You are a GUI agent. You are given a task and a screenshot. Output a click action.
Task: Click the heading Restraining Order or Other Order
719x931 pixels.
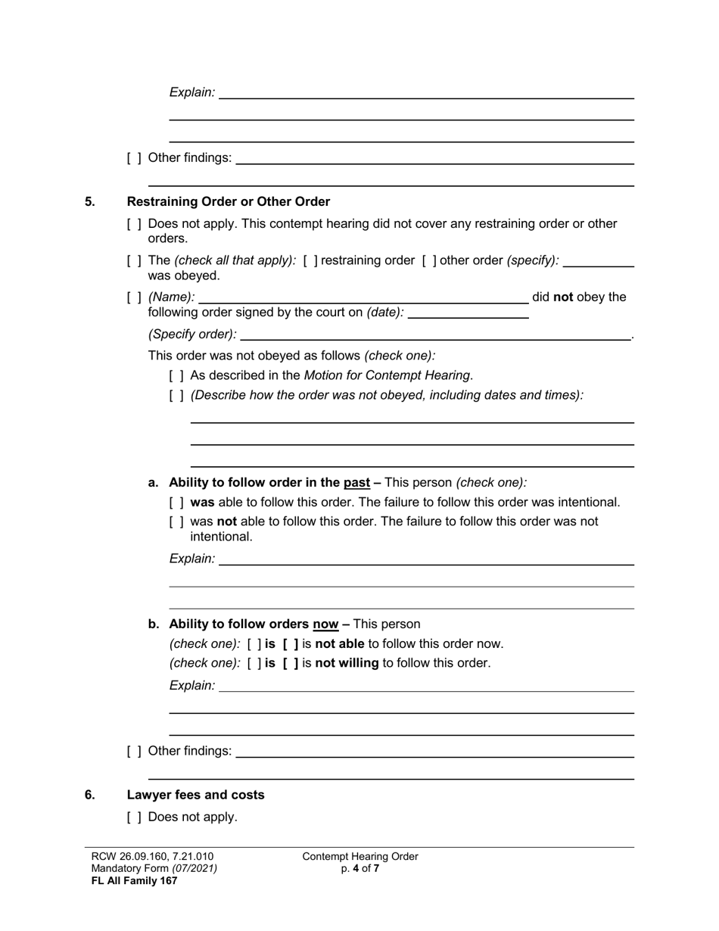tap(228, 201)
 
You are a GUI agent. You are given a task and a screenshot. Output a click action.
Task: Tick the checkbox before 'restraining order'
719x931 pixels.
tap(310, 260)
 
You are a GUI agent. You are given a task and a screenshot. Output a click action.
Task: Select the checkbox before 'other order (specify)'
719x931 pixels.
tap(429, 260)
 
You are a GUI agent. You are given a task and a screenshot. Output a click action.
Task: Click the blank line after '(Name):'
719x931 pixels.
tap(363, 297)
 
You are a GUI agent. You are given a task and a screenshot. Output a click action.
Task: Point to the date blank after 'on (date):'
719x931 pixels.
tap(468, 312)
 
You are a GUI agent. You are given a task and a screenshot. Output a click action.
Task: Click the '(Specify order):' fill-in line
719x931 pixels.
tap(435, 334)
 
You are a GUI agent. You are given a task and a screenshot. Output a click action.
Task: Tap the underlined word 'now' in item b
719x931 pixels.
tap(325, 624)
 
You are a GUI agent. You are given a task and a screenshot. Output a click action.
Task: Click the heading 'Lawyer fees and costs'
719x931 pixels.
tap(195, 795)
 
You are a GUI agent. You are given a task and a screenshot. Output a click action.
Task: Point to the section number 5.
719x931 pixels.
tap(90, 201)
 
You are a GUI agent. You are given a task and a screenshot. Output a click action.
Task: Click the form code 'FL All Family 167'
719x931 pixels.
tap(134, 880)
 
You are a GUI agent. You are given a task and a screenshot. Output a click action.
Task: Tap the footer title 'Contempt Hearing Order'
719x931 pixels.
tap(359, 857)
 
